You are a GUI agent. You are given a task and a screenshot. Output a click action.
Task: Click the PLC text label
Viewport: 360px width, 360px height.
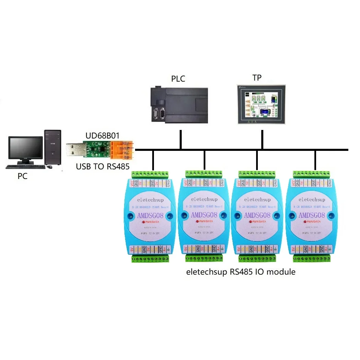tap(178, 79)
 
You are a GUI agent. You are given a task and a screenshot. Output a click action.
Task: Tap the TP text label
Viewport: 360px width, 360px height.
tap(257, 78)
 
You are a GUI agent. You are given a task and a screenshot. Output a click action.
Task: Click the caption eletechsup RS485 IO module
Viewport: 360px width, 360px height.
tap(241, 272)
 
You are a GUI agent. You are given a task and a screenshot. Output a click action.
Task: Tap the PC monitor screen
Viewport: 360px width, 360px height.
tap(26, 150)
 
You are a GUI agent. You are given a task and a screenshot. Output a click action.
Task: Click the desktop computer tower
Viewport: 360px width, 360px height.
tap(53, 147)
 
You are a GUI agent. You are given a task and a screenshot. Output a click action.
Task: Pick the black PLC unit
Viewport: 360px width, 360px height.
tap(179, 105)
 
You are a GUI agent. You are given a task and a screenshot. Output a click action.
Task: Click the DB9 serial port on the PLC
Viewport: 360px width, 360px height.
tap(159, 113)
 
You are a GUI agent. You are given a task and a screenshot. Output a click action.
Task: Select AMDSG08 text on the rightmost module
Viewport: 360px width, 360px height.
tap(311, 215)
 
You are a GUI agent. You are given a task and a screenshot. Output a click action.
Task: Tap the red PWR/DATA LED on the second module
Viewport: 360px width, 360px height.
tap(197, 221)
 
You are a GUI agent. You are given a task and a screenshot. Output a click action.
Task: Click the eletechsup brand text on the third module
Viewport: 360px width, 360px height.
tap(257, 199)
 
